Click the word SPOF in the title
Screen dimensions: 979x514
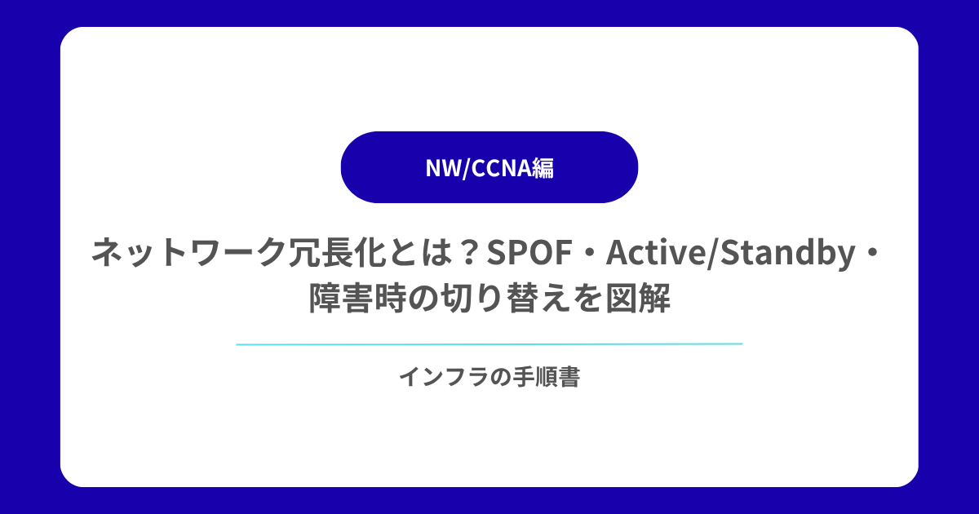(529, 252)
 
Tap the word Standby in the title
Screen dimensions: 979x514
(787, 253)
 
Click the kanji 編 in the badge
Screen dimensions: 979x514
(543, 168)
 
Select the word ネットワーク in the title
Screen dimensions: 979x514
(188, 252)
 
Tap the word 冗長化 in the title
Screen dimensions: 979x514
(336, 252)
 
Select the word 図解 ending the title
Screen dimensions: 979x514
(638, 299)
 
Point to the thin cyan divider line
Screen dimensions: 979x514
(489, 344)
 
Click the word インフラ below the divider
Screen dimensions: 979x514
(443, 377)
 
